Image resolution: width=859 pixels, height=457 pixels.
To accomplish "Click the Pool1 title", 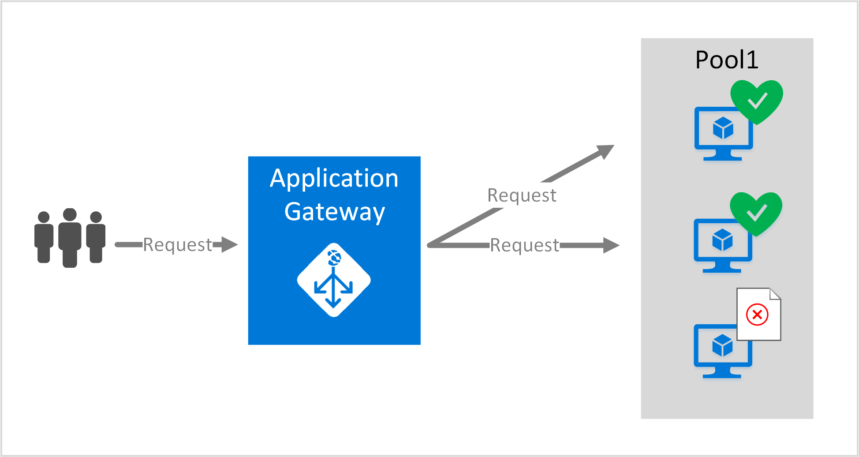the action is coord(727,60).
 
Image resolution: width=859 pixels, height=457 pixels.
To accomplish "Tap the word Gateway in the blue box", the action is coord(335,213).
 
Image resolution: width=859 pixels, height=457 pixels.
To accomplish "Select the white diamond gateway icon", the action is coord(334,280).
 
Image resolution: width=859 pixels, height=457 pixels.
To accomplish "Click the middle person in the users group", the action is coord(70,238).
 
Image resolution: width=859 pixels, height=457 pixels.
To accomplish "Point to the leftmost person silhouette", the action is coord(44,237).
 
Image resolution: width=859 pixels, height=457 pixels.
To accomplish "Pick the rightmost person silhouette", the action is coord(96,237).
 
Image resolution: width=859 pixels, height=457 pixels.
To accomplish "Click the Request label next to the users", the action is coord(178,245).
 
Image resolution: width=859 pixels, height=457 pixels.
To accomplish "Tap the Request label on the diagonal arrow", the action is coord(522,195).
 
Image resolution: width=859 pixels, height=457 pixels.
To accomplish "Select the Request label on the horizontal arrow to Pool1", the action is coord(524,245).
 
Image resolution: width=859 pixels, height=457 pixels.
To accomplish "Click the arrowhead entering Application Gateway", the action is coord(229,244).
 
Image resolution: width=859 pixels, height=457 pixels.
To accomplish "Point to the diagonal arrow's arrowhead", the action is coord(605,151).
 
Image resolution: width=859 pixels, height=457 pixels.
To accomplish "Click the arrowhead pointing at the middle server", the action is coord(611,245).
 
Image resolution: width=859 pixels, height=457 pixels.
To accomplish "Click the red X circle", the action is coord(757,315).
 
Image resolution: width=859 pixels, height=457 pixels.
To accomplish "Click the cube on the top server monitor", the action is coord(723,128).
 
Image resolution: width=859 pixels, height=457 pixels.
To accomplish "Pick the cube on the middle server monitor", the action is coord(723,240).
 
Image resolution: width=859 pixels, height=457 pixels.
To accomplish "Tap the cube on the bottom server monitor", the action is coord(723,345).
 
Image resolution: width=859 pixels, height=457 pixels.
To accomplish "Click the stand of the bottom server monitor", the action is coord(722,373).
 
